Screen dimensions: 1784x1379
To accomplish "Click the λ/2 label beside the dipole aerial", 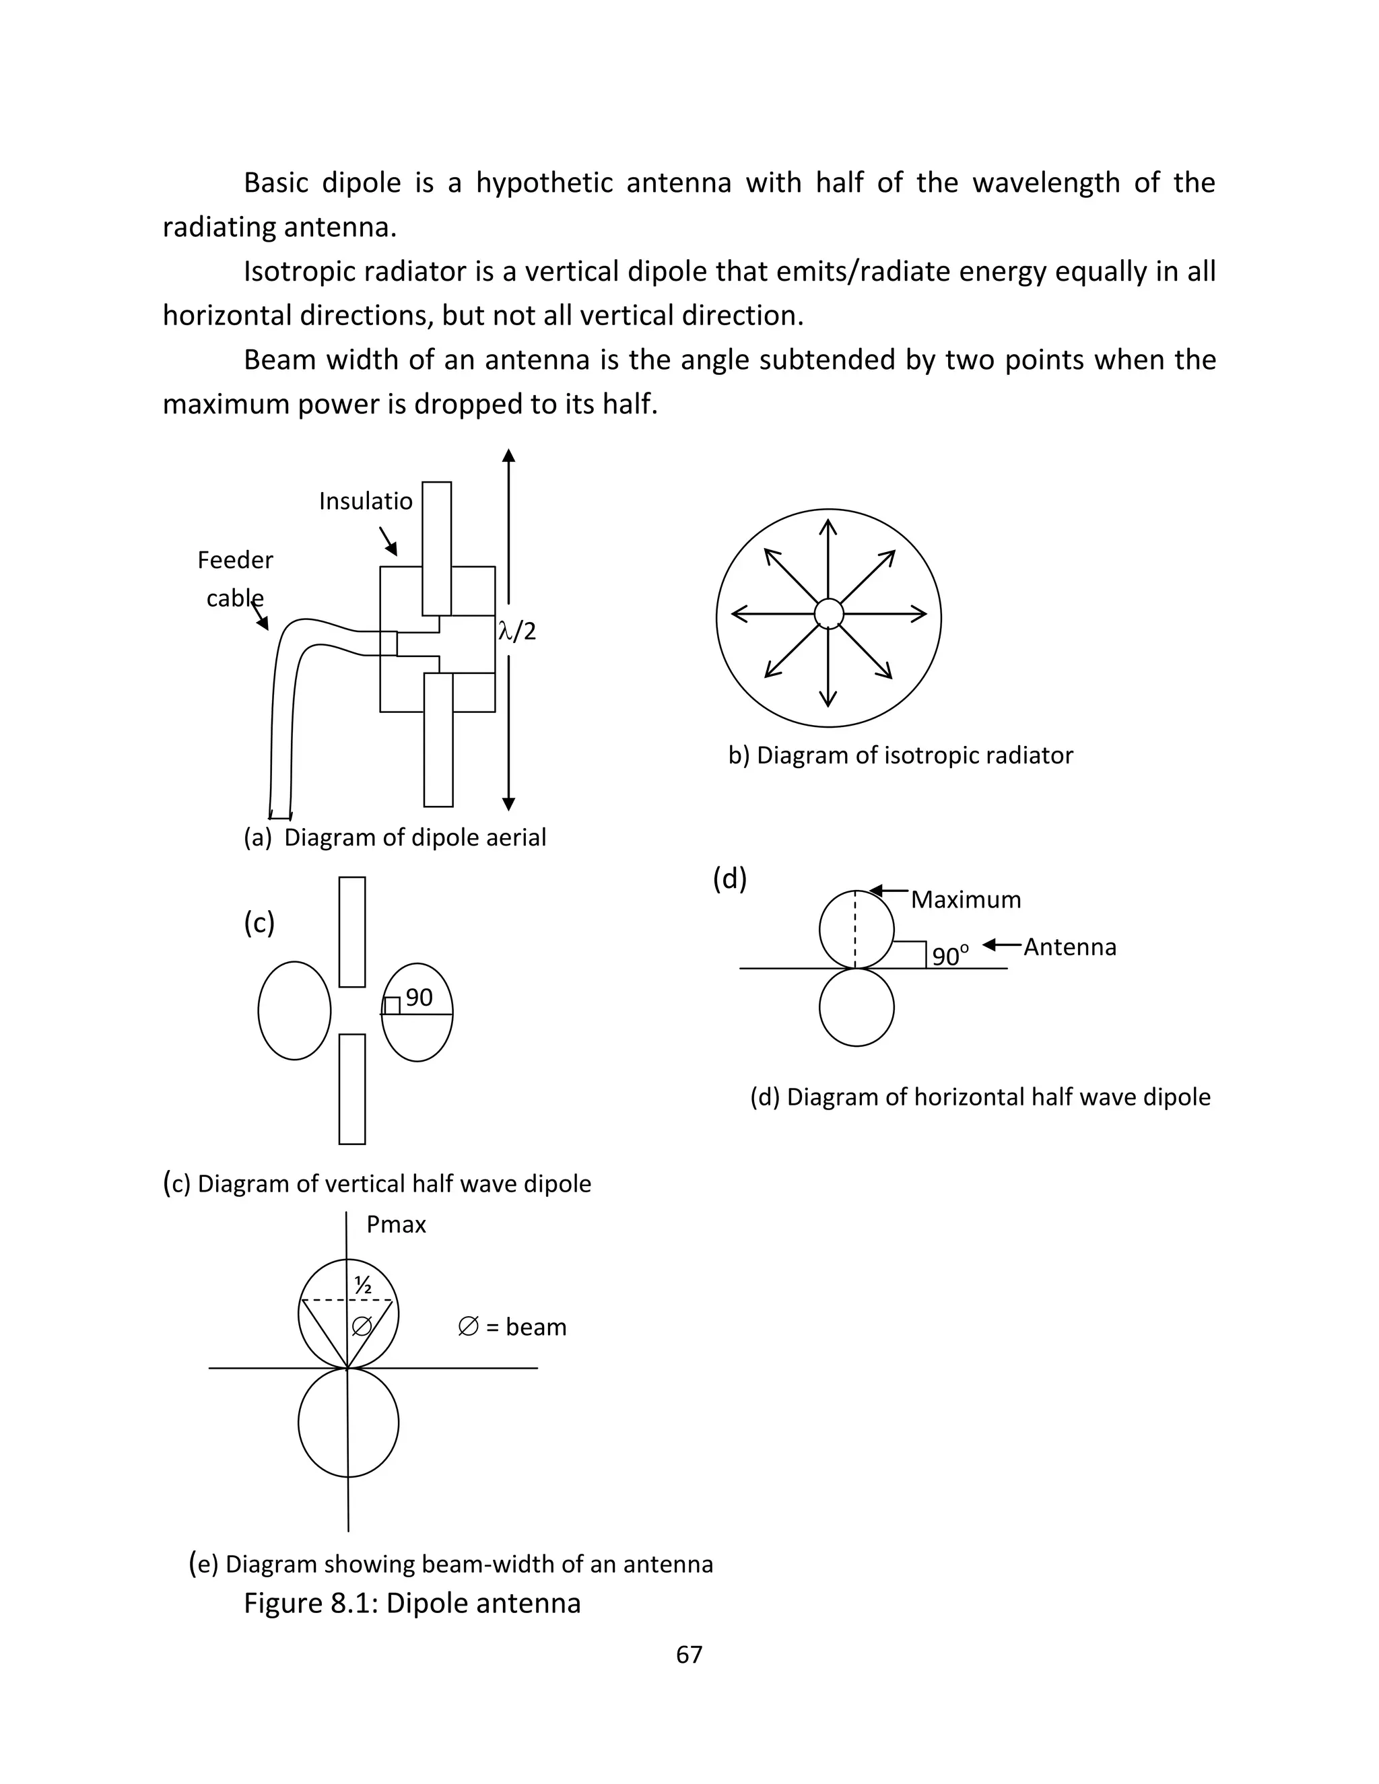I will click(x=517, y=631).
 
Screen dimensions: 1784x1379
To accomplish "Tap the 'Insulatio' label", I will click(x=365, y=501).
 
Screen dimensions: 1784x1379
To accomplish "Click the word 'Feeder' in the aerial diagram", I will click(x=235, y=560).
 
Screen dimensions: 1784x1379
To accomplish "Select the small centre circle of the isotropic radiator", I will click(x=828, y=613).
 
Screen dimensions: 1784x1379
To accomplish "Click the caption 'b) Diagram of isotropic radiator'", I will click(x=900, y=755).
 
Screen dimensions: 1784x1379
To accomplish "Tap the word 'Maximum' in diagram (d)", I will click(x=966, y=900).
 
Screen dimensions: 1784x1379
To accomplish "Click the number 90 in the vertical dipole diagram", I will click(x=419, y=998).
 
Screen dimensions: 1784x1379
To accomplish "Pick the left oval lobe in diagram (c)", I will click(x=294, y=1010).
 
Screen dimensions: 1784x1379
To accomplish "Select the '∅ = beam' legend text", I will click(x=512, y=1327).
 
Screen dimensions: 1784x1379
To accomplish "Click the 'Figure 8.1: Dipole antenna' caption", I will click(x=411, y=1603).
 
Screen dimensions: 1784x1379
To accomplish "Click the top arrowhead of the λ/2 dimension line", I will click(x=508, y=455).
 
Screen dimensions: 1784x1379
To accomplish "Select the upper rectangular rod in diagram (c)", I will click(x=352, y=931).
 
